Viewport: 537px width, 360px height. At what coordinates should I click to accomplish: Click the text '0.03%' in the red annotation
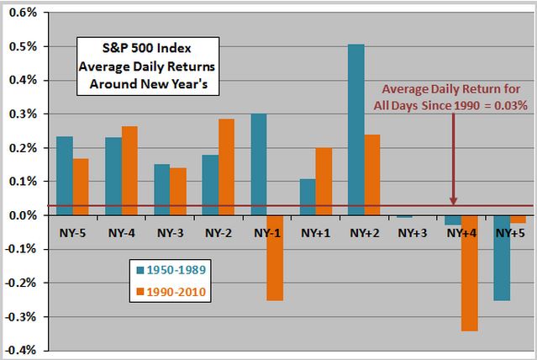[x=507, y=106]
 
